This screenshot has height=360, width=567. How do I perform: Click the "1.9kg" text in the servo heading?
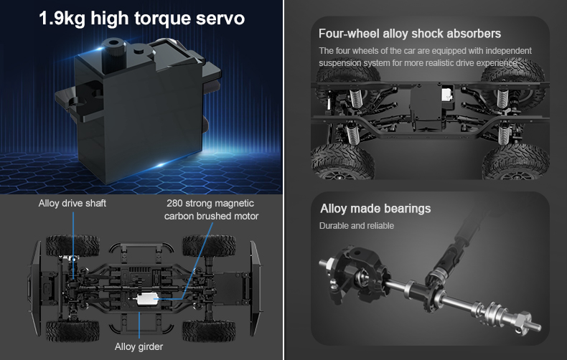coord(62,19)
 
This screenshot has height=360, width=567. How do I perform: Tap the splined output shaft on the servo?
coord(113,55)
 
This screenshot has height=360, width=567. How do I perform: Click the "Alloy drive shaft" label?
coord(72,203)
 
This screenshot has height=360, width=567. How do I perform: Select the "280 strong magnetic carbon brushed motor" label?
coord(211,209)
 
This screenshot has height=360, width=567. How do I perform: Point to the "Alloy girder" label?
coord(139,346)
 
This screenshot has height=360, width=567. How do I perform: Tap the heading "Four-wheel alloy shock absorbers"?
coord(410,34)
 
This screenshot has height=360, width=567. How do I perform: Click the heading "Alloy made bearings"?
coord(375,209)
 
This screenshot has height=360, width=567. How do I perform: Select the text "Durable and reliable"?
coord(357,226)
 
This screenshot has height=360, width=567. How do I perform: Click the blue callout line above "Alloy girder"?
coord(139,325)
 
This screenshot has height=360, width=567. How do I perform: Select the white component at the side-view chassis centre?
coord(447,96)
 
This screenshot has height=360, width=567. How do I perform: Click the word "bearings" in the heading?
coord(407,209)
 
